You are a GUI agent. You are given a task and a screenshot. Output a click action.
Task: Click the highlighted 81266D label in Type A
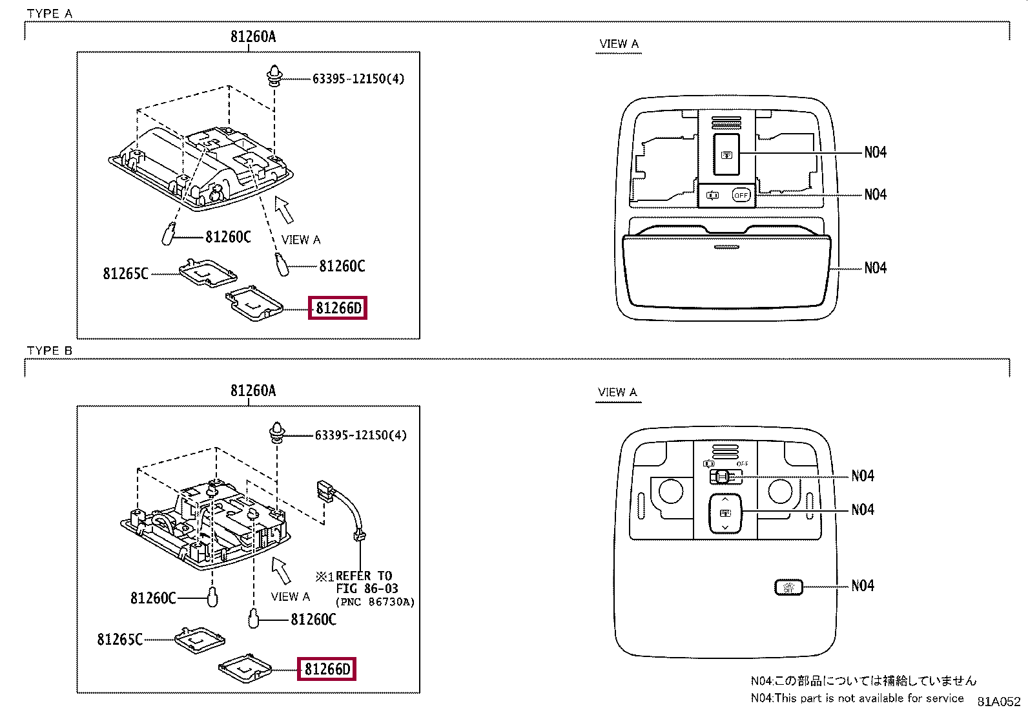338,308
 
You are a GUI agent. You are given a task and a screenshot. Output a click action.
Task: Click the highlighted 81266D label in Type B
327,669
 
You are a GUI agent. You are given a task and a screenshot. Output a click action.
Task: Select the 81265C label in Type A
126,274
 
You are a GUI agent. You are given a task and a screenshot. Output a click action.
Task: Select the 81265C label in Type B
119,640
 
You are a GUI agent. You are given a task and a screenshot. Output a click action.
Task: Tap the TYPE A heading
50,14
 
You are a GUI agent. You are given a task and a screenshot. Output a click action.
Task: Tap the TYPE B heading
50,351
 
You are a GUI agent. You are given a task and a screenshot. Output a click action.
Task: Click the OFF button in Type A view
741,195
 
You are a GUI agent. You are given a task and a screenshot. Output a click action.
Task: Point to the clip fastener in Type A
274,76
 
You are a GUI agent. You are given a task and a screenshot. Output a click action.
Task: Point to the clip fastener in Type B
277,433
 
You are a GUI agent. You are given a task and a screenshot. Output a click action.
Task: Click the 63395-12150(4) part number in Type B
361,435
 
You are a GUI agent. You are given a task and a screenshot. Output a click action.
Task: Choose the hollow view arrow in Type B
281,571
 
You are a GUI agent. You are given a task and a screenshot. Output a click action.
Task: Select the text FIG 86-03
367,589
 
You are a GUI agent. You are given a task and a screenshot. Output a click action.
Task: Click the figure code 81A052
999,701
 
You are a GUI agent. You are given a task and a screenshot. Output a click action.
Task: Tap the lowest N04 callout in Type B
863,585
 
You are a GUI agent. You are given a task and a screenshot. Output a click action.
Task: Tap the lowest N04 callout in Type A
876,267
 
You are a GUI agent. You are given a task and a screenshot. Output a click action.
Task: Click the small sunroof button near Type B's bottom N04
788,587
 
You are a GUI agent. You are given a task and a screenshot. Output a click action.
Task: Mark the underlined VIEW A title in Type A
619,44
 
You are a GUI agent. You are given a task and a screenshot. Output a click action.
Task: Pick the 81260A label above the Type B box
253,390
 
